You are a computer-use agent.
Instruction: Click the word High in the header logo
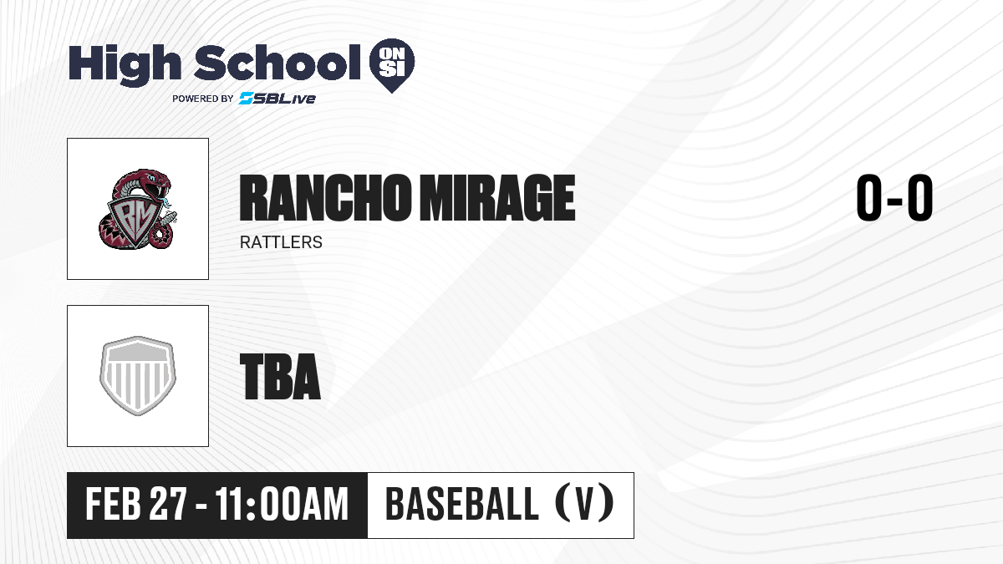click(125, 65)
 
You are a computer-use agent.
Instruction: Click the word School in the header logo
click(277, 62)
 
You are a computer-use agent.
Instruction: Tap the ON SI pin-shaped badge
click(392, 65)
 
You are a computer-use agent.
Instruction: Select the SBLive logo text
click(277, 99)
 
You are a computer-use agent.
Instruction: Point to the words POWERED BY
click(203, 99)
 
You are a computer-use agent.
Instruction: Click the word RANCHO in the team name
click(325, 198)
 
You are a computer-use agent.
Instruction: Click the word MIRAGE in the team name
click(498, 198)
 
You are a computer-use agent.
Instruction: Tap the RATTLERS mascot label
click(281, 242)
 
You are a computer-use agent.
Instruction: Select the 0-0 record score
click(894, 198)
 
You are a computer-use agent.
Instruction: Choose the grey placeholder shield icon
click(138, 376)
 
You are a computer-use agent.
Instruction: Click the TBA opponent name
click(280, 377)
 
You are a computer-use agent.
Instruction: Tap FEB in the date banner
click(114, 505)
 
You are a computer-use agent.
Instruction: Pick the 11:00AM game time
click(282, 505)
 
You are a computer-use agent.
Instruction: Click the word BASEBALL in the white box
click(462, 505)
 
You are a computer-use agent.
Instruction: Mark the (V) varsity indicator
click(585, 504)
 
